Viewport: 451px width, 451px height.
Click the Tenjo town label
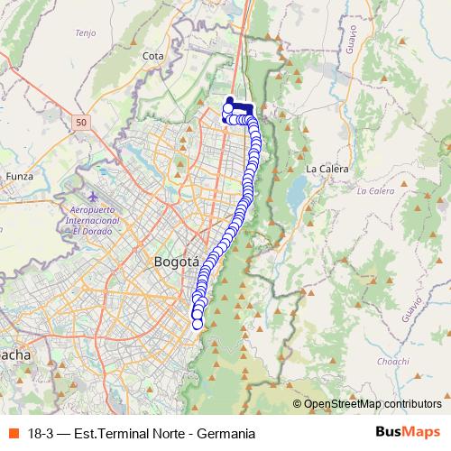pyautogui.click(x=86, y=33)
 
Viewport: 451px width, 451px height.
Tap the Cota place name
pyautogui.click(x=152, y=56)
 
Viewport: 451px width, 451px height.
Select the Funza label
pyautogui.click(x=18, y=176)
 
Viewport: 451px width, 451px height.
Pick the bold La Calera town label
pyautogui.click(x=325, y=169)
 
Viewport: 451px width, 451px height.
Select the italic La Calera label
pyautogui.click(x=375, y=191)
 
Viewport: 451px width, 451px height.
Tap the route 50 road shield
pyautogui.click(x=82, y=121)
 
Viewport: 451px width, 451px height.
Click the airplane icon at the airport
pyautogui.click(x=95, y=196)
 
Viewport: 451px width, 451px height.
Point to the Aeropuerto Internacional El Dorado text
pyautogui.click(x=95, y=219)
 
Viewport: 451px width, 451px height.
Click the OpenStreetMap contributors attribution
pyautogui.click(x=372, y=404)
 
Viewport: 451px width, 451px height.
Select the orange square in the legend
pyautogui.click(x=12, y=433)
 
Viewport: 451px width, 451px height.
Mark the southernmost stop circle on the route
pyautogui.click(x=198, y=324)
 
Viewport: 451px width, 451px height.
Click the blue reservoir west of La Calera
pyautogui.click(x=296, y=191)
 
